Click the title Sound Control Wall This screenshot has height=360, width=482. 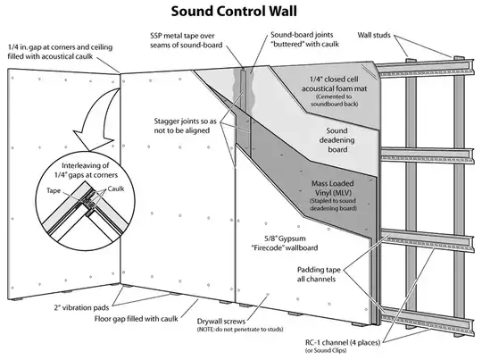pyautogui.click(x=241, y=13)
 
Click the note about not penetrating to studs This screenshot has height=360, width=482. pyautogui.click(x=226, y=331)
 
